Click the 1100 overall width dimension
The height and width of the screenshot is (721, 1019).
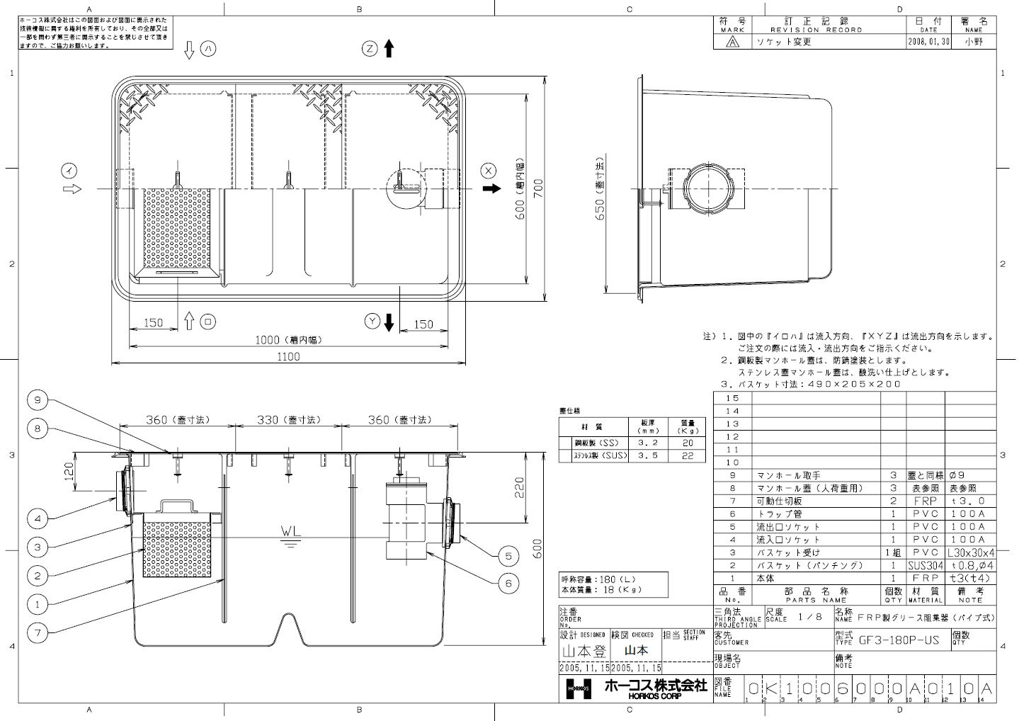(x=288, y=357)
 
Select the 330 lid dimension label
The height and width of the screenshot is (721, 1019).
(x=288, y=420)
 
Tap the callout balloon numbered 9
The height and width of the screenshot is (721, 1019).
(x=38, y=400)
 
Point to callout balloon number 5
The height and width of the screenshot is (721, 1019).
(x=508, y=557)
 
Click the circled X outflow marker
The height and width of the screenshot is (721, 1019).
(x=488, y=170)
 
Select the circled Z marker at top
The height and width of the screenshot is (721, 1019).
(x=370, y=48)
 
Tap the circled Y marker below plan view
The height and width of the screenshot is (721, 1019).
(x=372, y=322)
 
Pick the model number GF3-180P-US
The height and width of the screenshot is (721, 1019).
(x=899, y=640)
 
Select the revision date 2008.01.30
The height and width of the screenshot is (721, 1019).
(x=928, y=42)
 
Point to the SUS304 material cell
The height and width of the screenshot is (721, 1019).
(x=925, y=565)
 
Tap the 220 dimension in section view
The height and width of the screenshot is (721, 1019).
(x=519, y=487)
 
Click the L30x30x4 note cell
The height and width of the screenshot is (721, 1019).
(x=970, y=552)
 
